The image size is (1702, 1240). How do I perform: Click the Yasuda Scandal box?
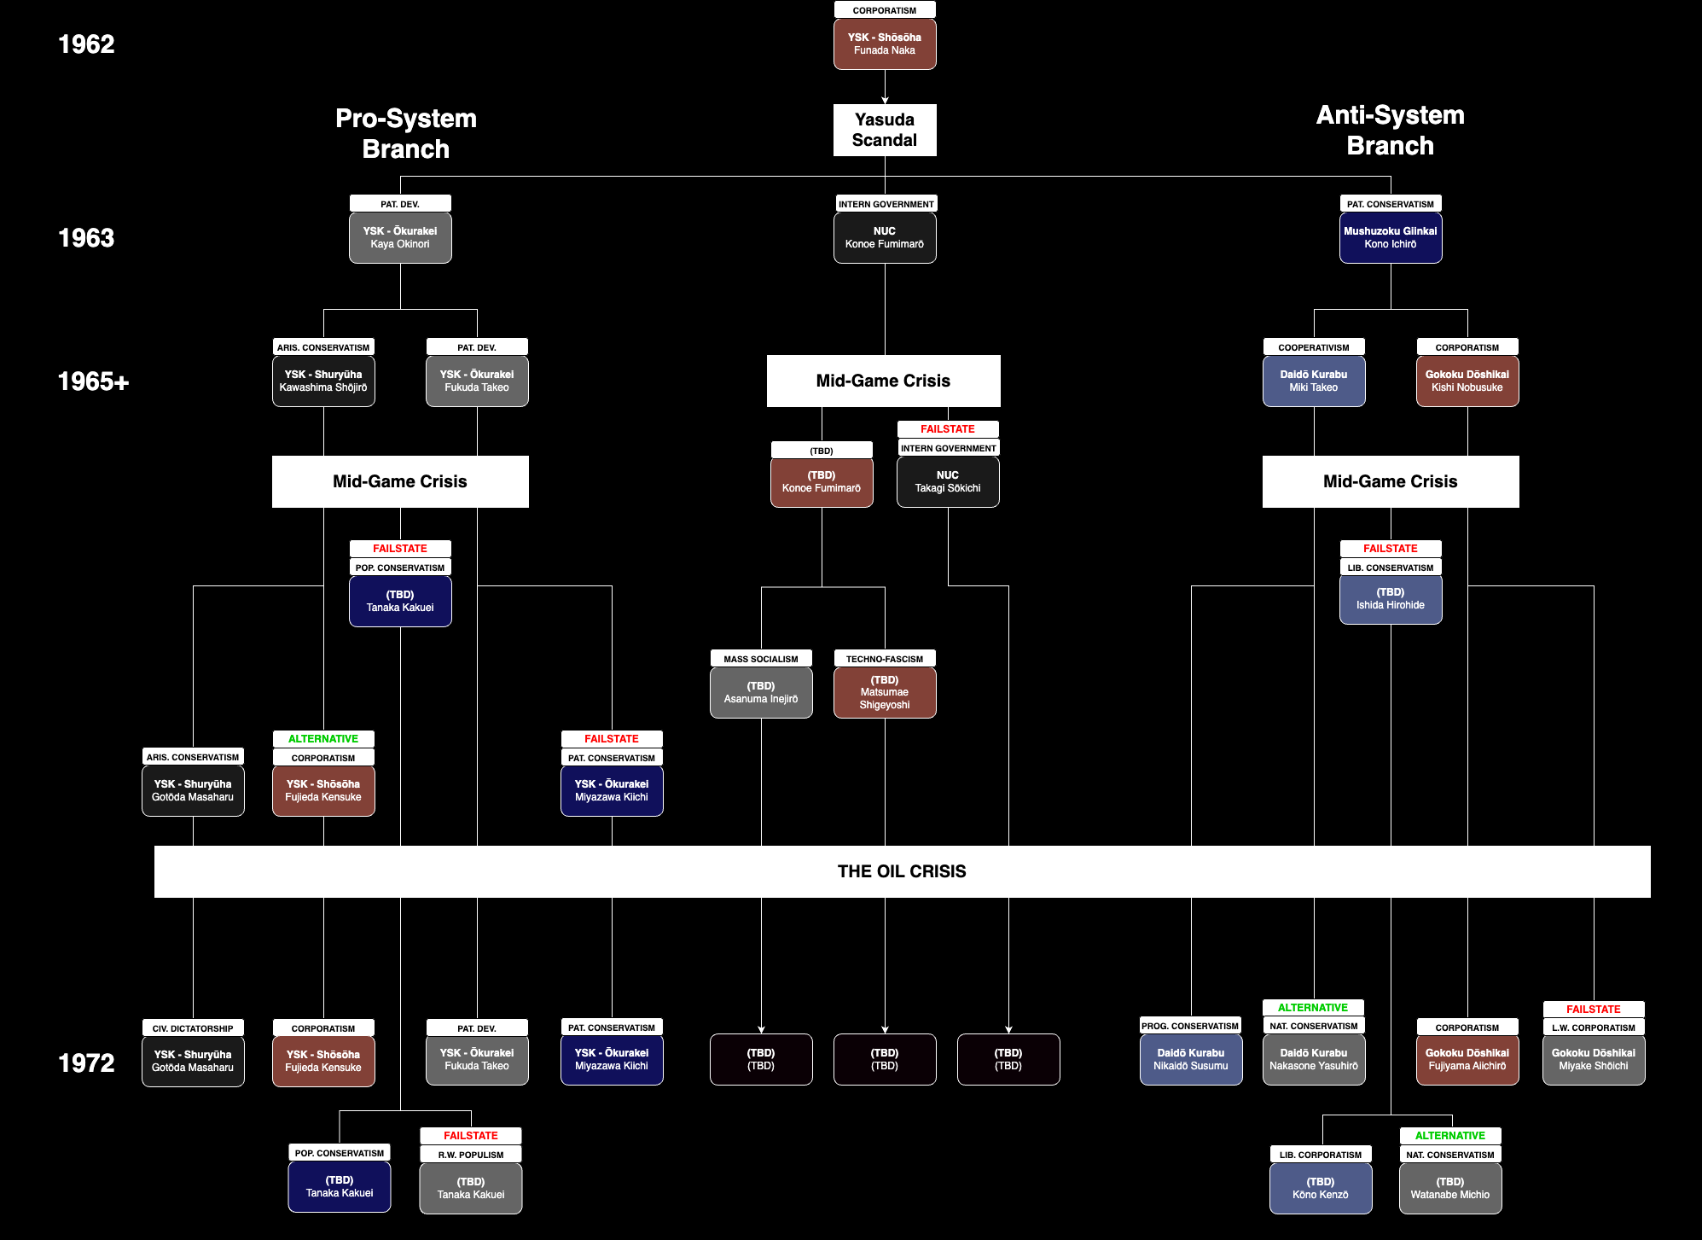pos(885,130)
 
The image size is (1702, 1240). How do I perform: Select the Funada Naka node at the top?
pos(885,44)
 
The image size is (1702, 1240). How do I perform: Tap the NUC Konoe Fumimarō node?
pos(885,237)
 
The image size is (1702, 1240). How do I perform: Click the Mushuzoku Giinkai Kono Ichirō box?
pos(1391,237)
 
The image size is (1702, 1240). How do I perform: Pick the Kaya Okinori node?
pos(400,237)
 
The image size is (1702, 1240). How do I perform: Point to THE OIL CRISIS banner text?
pos(902,871)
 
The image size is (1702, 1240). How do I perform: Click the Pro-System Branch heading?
pos(406,133)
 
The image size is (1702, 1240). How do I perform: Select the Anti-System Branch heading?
pos(1391,130)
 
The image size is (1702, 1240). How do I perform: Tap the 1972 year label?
pos(86,1062)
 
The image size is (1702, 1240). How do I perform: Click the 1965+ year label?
pos(93,381)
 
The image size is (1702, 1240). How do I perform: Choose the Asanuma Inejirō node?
pos(761,692)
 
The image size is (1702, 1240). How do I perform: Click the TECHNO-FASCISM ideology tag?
pos(885,659)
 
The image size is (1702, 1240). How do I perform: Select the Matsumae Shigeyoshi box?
pos(885,692)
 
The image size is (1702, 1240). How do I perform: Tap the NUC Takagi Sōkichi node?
pos(948,481)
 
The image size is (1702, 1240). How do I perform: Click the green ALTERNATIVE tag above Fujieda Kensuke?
pos(323,739)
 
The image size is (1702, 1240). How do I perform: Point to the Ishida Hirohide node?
pos(1391,598)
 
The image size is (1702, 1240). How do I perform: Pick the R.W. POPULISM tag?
pos(471,1155)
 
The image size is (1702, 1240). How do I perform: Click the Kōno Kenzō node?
pos(1321,1188)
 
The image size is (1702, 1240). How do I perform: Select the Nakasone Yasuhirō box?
pos(1314,1059)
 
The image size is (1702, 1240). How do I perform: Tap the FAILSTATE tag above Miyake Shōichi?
pos(1594,1009)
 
